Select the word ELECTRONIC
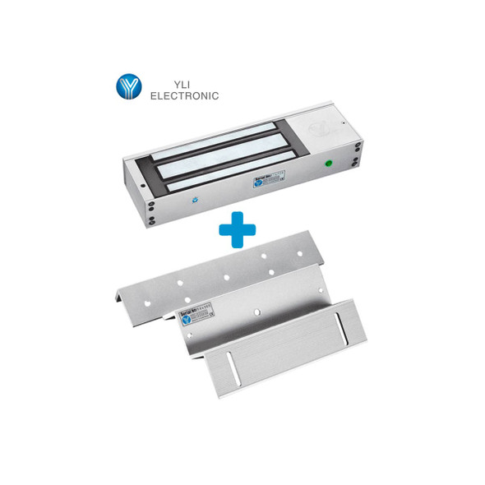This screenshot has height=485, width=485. pyautogui.click(x=183, y=95)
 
